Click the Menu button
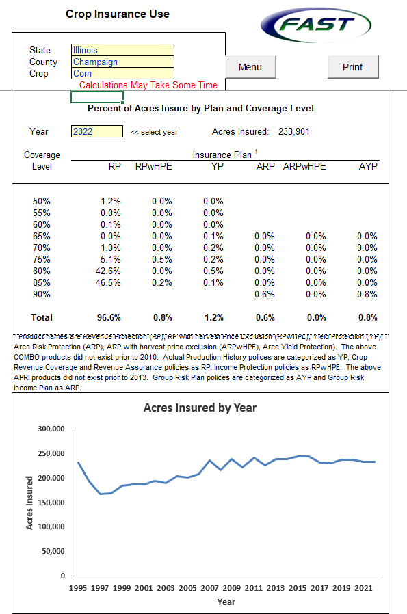250,67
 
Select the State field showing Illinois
122,50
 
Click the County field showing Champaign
122,62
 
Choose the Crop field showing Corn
122,73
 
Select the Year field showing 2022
96,131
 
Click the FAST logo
315,27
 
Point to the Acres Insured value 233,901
293,131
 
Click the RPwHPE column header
153,166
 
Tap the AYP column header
368,166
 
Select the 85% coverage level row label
42,282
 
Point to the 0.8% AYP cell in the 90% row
367,294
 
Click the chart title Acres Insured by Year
200,408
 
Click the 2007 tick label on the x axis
210,588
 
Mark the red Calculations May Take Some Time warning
148,85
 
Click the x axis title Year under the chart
226,602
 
